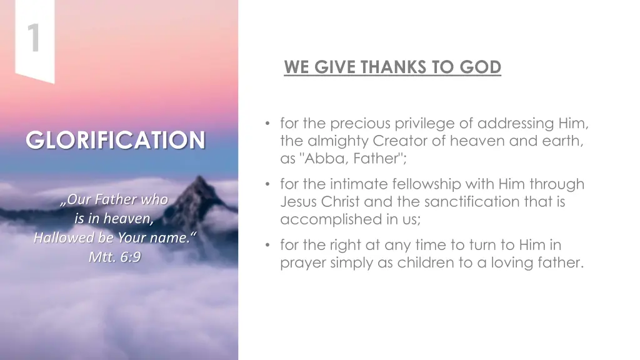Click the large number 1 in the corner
coord(33,37)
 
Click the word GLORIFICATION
coord(116,140)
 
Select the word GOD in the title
coord(481,67)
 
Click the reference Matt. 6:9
coord(114,256)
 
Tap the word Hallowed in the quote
coord(61,238)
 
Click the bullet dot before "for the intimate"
coord(268,184)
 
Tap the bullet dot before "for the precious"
coord(268,124)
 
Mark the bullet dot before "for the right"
coord(268,245)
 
